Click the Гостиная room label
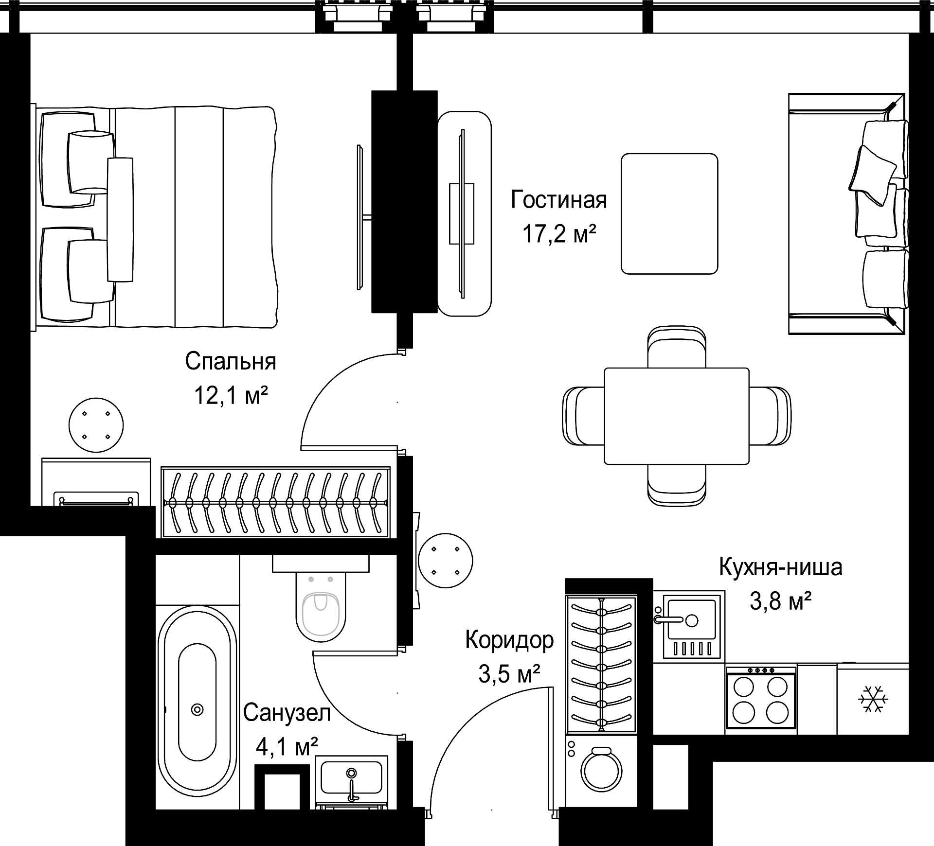(x=559, y=200)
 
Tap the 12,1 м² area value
(x=231, y=395)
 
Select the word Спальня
(x=231, y=362)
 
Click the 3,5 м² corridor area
(x=509, y=674)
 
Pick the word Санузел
(x=287, y=713)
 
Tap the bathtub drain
(x=197, y=709)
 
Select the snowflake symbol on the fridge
(x=873, y=700)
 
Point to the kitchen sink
(x=689, y=624)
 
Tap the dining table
(x=677, y=416)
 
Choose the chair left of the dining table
(x=583, y=416)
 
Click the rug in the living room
(x=669, y=213)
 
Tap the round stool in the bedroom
(x=96, y=425)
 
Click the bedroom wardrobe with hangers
(x=276, y=503)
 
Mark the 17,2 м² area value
(x=559, y=234)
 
